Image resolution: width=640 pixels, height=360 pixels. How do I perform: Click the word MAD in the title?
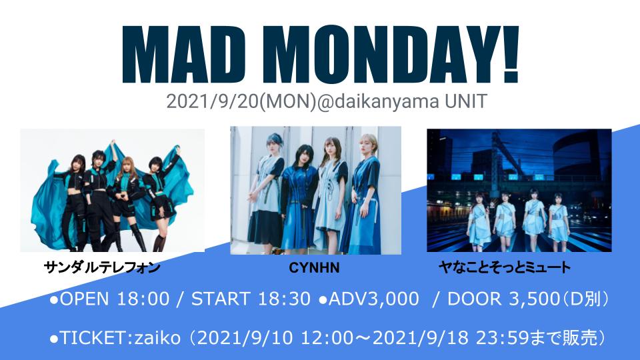185,54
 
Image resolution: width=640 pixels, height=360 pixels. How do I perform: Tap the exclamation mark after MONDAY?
509,54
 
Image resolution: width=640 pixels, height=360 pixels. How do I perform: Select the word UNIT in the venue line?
466,101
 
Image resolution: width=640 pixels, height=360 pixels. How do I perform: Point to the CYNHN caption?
314,268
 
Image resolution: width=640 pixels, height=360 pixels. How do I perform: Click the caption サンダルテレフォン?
102,267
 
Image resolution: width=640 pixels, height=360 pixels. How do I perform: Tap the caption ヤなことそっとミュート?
505,267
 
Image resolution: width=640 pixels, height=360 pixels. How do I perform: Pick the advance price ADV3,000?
373,299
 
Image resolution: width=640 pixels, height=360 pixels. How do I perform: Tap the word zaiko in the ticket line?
157,338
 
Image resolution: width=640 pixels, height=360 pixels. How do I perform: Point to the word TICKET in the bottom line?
94,338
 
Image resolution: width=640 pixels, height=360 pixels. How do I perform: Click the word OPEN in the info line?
85,299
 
